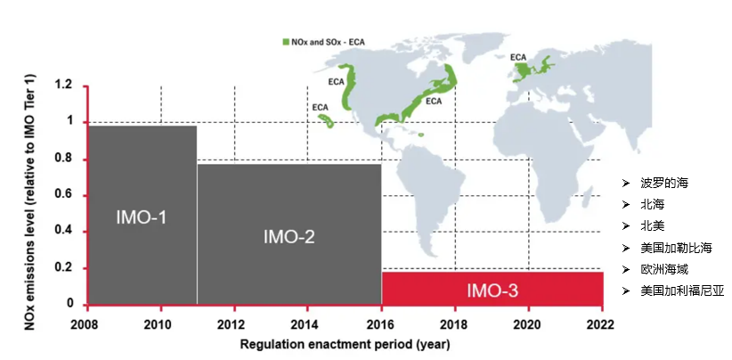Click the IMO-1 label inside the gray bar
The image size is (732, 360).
pyautogui.click(x=142, y=217)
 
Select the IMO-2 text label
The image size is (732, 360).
pyautogui.click(x=289, y=237)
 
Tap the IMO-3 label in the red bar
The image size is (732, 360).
pyautogui.click(x=492, y=290)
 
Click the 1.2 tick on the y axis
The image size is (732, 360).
pyautogui.click(x=63, y=86)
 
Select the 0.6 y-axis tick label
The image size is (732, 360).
pyautogui.click(x=63, y=195)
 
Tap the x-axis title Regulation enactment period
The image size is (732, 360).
pyautogui.click(x=344, y=343)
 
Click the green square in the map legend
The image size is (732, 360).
pyautogui.click(x=285, y=41)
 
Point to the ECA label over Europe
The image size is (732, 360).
pyautogui.click(x=518, y=57)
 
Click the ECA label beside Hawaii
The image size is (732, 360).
pyautogui.click(x=320, y=107)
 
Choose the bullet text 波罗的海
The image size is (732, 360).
pyautogui.click(x=663, y=183)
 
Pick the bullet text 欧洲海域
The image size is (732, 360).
pyautogui.click(x=663, y=268)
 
